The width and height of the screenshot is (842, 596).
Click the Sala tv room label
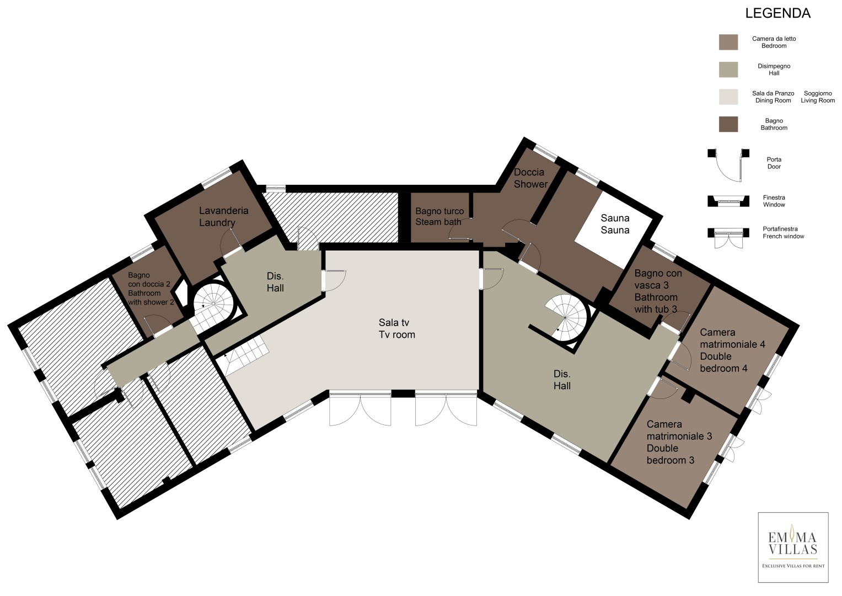point(396,328)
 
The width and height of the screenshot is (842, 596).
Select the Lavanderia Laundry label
point(223,216)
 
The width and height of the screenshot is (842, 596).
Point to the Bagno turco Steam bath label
point(439,216)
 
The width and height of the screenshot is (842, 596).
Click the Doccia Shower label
point(530,178)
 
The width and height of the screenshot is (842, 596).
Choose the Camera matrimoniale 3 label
point(679,442)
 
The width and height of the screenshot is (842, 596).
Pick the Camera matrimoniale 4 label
point(732,350)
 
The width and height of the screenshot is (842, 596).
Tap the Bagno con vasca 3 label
point(658,291)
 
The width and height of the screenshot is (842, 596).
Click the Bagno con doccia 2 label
point(151,289)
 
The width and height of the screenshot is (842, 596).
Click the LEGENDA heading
point(777,13)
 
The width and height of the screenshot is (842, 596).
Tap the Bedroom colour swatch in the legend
point(728,42)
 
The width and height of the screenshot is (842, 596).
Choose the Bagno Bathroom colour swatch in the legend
point(728,124)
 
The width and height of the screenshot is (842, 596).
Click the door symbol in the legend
point(728,165)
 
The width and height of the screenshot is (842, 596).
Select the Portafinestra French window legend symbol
point(728,238)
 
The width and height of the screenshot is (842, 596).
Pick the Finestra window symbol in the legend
point(728,201)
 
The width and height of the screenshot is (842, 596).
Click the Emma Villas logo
point(793,547)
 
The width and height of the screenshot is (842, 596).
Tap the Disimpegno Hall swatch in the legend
point(728,70)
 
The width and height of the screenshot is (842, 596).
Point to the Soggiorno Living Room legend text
point(818,97)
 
